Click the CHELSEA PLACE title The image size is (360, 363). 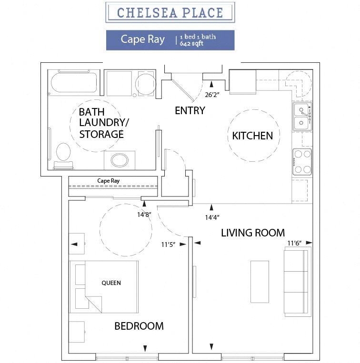click(x=170, y=12)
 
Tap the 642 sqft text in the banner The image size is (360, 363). click(x=191, y=43)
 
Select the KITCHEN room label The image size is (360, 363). click(x=252, y=136)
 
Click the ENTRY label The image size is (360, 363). click(x=190, y=110)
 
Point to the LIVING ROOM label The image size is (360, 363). click(x=253, y=233)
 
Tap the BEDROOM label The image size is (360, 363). click(x=139, y=326)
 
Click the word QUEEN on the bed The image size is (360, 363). click(x=111, y=283)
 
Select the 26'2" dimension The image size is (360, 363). click(x=212, y=95)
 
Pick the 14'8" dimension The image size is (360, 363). click(x=144, y=215)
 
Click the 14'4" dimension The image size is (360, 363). click(x=212, y=217)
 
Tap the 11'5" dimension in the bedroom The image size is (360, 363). click(x=169, y=245)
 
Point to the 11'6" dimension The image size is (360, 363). click(x=294, y=243)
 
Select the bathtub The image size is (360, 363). click(x=74, y=82)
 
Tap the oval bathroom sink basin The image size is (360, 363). click(x=120, y=160)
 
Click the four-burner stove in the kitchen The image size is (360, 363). click(x=302, y=162)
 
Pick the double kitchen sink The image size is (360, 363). click(x=302, y=117)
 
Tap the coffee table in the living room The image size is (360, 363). click(x=260, y=282)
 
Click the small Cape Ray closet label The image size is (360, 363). click(x=109, y=181)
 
